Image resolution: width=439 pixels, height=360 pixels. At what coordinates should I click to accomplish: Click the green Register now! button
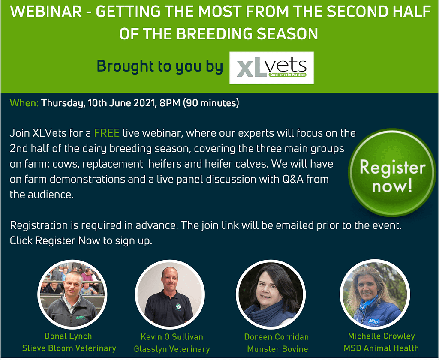pos(392,173)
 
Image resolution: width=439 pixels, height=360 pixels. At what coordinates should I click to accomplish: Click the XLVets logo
pos(271,68)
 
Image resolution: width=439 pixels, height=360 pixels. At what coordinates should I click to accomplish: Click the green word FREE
pos(107,133)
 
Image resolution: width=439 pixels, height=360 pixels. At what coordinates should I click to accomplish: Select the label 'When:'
pos(24,103)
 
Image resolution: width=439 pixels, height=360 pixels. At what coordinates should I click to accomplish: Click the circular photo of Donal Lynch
pos(72,294)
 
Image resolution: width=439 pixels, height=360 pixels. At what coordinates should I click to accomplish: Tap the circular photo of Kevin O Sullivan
pos(170,294)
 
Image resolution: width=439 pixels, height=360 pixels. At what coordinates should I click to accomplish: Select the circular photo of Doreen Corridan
pos(271,294)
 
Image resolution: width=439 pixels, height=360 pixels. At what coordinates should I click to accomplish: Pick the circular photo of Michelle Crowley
pos(375,294)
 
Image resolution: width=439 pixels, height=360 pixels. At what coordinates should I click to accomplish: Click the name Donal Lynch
pos(68,336)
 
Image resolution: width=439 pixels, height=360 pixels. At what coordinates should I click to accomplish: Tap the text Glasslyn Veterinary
pos(172,349)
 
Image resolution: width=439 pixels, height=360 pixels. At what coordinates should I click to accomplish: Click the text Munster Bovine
pos(277,349)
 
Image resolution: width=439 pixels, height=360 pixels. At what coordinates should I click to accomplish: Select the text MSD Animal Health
pos(381,348)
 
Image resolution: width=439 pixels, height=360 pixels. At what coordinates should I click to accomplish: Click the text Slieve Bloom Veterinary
pos(69,348)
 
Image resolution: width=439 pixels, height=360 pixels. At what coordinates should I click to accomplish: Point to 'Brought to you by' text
pos(160,66)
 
